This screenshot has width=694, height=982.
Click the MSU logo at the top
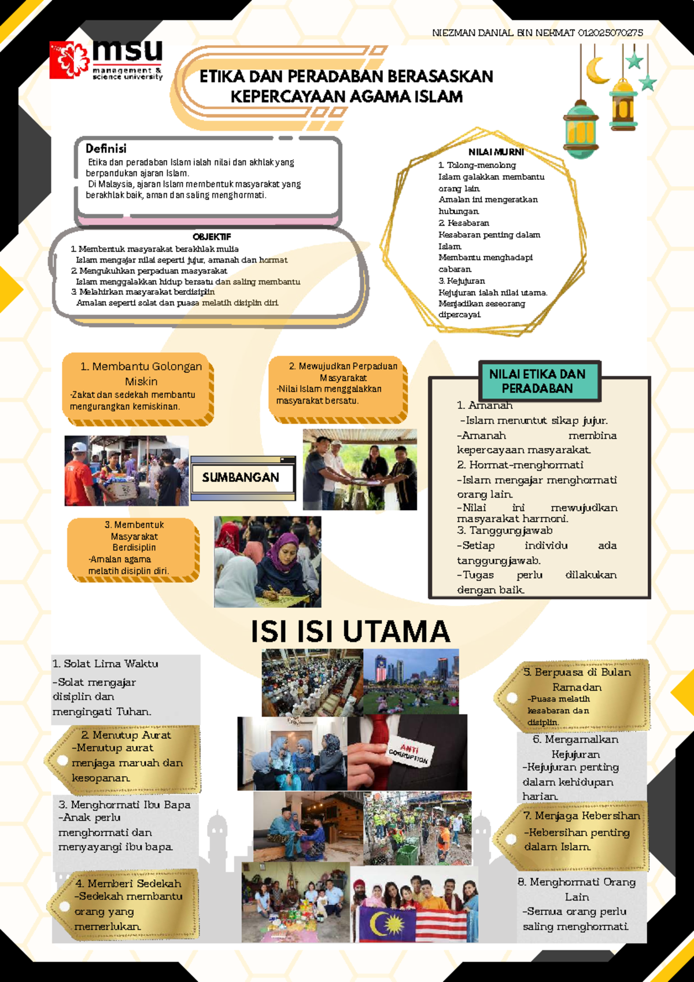pos(106,60)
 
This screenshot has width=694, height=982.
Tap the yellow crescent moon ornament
pos(597,71)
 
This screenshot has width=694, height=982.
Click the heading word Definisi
pos(106,149)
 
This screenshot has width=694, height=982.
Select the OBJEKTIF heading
pos(212,237)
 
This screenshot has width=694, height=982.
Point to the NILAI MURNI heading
pos(496,152)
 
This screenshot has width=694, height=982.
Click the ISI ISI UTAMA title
pos(350,632)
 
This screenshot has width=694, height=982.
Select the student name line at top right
pos(537,33)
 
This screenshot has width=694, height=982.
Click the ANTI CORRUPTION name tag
pos(409,752)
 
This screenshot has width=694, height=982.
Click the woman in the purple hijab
pos(280,566)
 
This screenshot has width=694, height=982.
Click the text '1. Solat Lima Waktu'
pos(105,664)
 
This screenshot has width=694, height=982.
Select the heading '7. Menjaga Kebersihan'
pos(581,816)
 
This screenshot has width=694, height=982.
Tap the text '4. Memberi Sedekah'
pos(128,883)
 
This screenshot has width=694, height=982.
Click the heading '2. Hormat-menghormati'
pos(520,465)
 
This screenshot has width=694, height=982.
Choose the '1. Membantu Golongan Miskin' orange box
pos(138,389)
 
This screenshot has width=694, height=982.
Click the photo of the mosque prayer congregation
pos(312,682)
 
